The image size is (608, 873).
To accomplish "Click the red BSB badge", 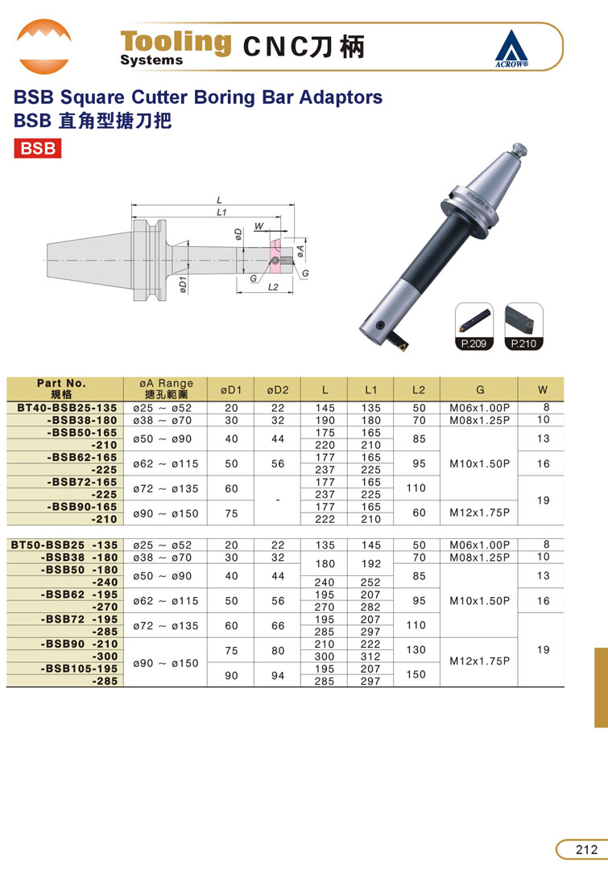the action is click(x=37, y=149).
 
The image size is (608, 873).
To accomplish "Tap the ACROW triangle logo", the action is click(x=511, y=48).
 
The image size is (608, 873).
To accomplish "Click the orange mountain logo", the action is click(x=44, y=46).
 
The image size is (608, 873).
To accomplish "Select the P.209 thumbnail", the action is click(x=474, y=327).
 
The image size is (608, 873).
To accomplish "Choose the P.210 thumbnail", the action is click(x=523, y=327).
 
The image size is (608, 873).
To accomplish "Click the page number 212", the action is click(x=586, y=849).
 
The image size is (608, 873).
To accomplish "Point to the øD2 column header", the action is click(x=278, y=389).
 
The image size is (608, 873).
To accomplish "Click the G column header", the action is click(x=480, y=389).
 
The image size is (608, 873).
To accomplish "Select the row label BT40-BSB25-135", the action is click(x=67, y=408).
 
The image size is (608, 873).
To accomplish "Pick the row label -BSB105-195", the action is click(x=79, y=669).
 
